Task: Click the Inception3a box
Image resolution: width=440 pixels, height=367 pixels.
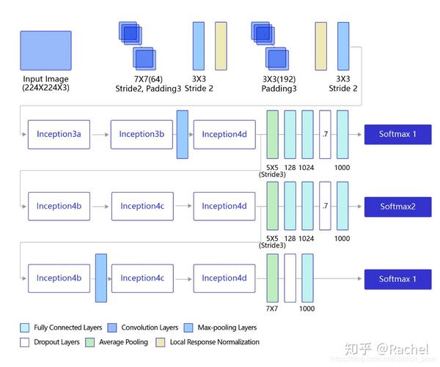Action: click(x=59, y=134)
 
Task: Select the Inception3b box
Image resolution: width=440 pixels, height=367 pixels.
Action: click(x=142, y=134)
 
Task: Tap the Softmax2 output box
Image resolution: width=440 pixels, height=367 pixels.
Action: click(x=397, y=207)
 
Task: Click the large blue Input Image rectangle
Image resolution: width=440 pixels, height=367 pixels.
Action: click(x=46, y=50)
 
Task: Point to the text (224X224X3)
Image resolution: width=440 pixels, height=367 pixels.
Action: click(x=46, y=88)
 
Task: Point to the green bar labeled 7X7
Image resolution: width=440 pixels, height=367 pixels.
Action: click(x=273, y=278)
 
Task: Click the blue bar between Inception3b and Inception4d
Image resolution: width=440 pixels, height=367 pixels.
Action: click(x=183, y=134)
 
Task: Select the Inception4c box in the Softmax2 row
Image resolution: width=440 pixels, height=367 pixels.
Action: click(x=142, y=207)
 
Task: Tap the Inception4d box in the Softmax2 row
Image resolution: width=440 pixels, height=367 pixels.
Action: click(x=224, y=207)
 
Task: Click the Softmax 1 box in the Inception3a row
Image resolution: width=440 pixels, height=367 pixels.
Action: click(x=397, y=134)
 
